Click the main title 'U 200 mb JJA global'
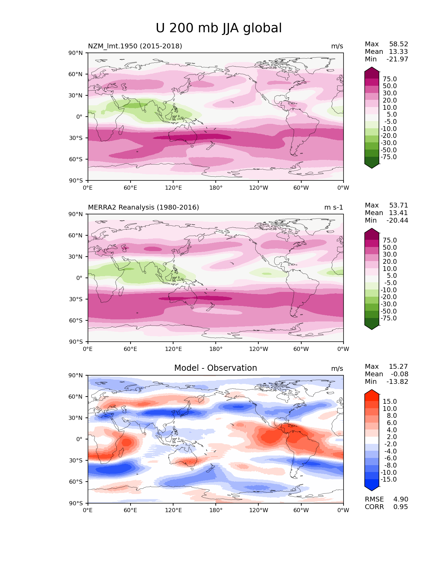tap(218, 28)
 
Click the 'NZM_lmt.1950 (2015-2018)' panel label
tap(135, 46)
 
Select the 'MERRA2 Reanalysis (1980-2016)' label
tap(143, 207)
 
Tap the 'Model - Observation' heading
tap(215, 368)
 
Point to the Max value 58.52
tap(398, 44)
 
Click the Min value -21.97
tap(397, 59)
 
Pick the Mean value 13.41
tap(398, 213)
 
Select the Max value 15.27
tap(398, 366)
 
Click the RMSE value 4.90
tap(401, 499)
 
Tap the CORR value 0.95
tap(401, 507)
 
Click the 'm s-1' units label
tap(333, 207)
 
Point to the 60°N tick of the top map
tap(75, 74)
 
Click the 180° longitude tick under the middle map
tap(216, 349)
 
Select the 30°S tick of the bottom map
tap(76, 460)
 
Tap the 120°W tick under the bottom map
tap(259, 510)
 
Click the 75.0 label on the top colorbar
tap(390, 79)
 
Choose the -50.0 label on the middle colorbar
tap(389, 311)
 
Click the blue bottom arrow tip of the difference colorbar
tap(371, 491)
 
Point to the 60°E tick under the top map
tap(131, 188)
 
